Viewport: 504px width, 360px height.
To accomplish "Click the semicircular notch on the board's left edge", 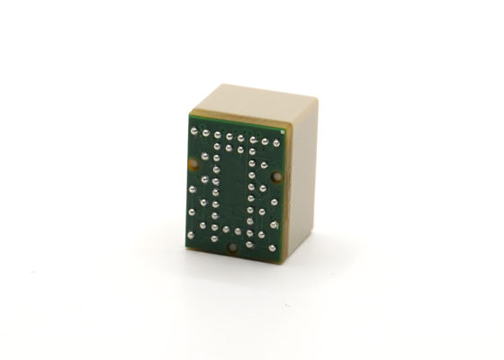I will click(193, 164).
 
